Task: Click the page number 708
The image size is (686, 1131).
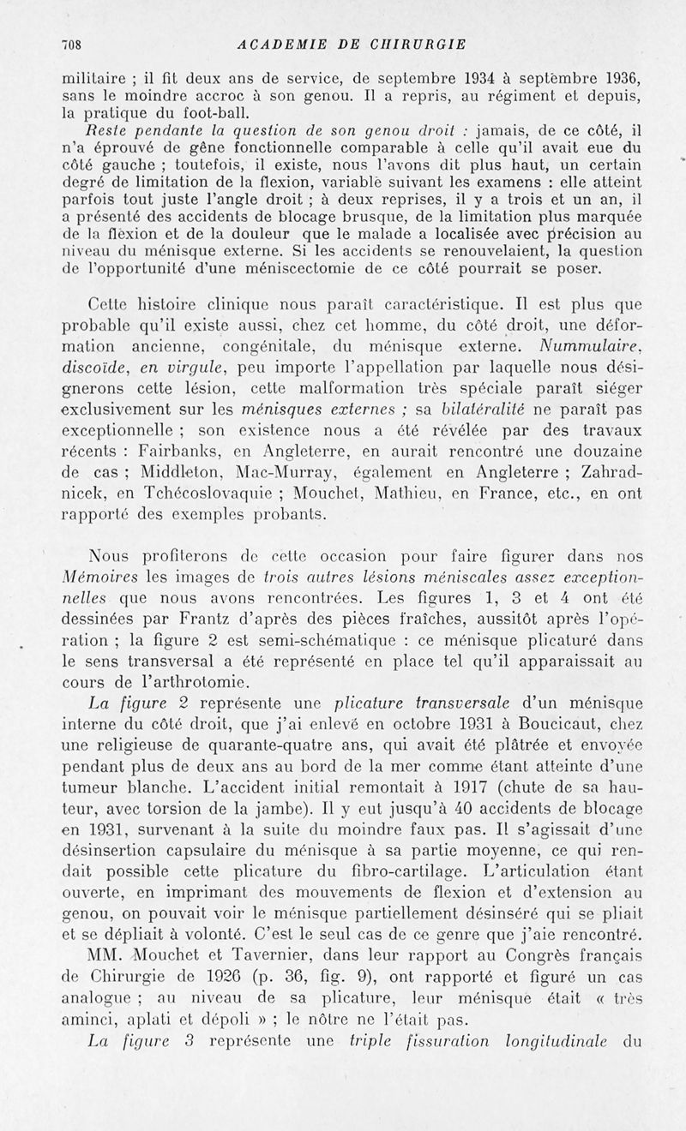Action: pos(76,45)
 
